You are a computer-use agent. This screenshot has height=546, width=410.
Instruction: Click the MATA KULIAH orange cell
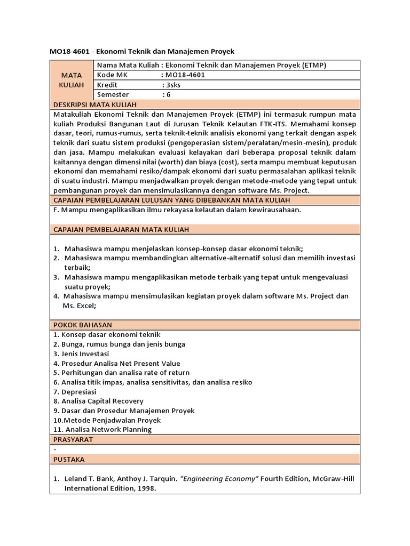tap(71, 79)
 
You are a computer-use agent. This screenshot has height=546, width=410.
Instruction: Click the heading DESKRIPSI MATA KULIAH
tap(95, 105)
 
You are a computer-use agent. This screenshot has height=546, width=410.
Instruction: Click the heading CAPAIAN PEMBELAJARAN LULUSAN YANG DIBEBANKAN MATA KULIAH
tap(172, 200)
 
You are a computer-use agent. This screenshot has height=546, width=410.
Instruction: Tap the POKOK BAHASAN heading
tap(82, 325)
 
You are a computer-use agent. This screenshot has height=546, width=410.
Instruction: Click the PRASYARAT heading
tap(73, 439)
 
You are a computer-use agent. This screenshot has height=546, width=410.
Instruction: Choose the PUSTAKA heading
tap(69, 459)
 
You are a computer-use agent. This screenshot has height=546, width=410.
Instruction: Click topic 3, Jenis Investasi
tap(81, 354)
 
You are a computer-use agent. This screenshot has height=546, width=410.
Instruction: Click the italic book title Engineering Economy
tap(219, 479)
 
